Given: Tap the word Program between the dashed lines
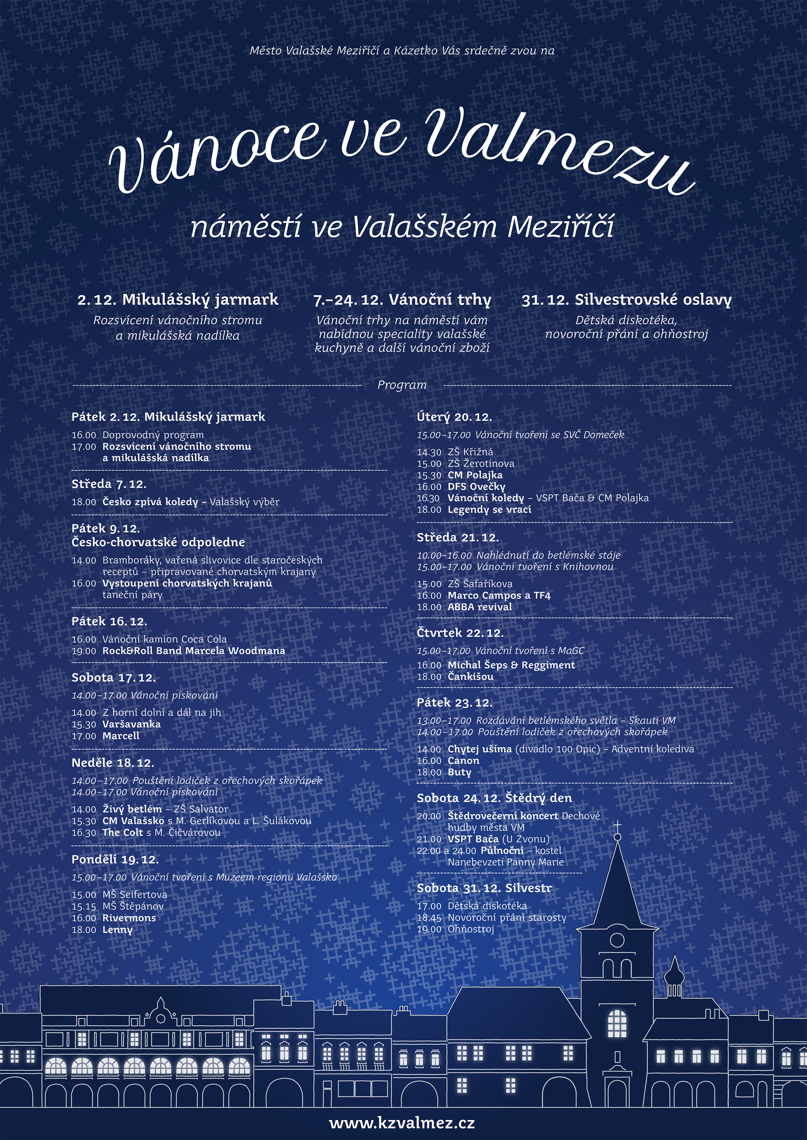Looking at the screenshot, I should tap(402, 385).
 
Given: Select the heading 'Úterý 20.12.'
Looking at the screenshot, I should tap(454, 417).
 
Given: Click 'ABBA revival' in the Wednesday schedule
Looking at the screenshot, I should tap(480, 607).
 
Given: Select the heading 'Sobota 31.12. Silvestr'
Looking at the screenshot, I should tap(484, 888).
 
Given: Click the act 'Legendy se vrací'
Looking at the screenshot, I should tap(490, 509).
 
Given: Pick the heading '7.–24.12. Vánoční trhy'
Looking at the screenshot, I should tap(402, 300).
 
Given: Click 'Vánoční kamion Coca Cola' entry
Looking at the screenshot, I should tap(165, 639).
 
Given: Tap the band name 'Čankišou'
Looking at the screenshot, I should tap(471, 676).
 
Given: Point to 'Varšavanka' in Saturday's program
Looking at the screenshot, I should tap(132, 724).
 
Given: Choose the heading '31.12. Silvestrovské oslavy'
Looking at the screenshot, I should tap(626, 300).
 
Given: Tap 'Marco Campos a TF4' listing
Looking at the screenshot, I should tap(499, 595).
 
